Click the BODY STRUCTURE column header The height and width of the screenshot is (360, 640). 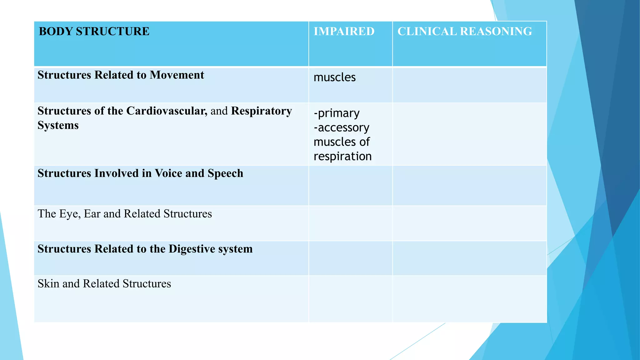tap(94, 32)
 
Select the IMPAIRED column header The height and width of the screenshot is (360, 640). tap(344, 32)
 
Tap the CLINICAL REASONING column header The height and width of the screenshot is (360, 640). tap(464, 32)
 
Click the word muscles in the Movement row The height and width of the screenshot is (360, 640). tap(334, 77)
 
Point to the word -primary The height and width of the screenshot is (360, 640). tap(337, 113)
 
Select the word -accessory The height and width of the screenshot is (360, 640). tap(341, 127)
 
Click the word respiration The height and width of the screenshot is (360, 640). tap(342, 156)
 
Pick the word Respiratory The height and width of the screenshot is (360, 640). tap(261, 111)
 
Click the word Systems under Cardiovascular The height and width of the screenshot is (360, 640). tap(58, 125)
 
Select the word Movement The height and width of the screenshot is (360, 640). tap(177, 75)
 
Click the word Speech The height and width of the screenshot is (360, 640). tap(225, 173)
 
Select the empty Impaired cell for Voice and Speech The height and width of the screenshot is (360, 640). tap(350, 186)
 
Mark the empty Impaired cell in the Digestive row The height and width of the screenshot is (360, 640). tap(350, 258)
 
